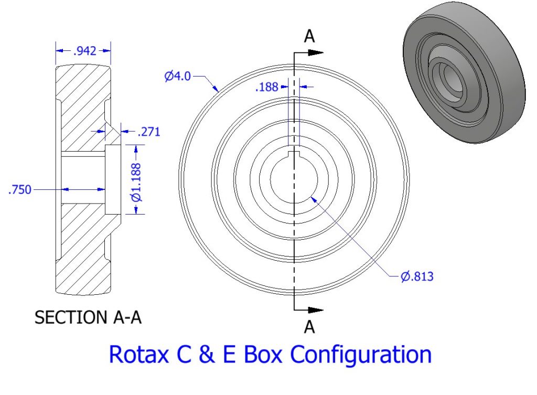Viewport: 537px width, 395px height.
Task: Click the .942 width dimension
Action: pos(84,51)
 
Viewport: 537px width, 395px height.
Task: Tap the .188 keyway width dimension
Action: pos(266,87)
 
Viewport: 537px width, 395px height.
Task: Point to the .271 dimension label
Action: pos(148,131)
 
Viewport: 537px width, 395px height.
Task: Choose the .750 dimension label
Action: pos(20,189)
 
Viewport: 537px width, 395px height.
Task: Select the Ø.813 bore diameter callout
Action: pos(417,275)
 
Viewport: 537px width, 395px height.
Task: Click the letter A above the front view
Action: pos(310,36)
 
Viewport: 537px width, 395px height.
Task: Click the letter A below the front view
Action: pos(310,327)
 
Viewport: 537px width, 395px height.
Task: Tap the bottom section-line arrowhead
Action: pos(316,310)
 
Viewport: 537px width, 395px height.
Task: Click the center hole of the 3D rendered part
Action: pos(450,78)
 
